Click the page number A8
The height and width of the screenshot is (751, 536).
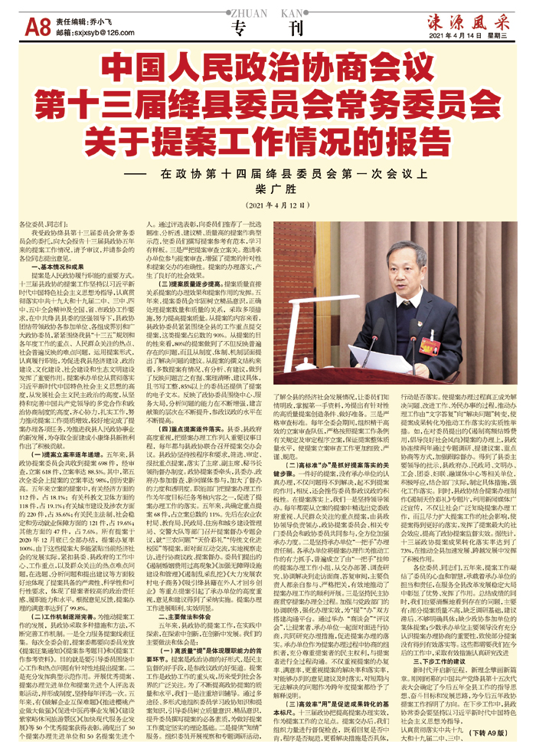coord(38,28)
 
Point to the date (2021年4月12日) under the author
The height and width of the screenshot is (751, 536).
coord(268,206)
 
